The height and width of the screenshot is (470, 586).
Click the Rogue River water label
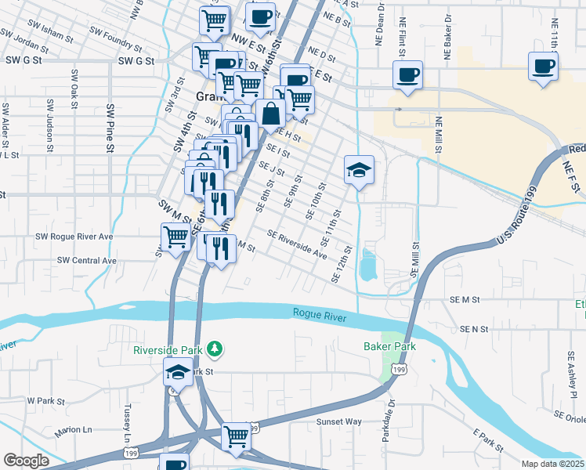pyautogui.click(x=319, y=313)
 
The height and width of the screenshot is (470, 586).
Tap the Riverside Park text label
pyautogui.click(x=168, y=349)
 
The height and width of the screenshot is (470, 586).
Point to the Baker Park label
pyautogui.click(x=389, y=346)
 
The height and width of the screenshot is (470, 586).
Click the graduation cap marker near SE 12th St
pyautogui.click(x=359, y=171)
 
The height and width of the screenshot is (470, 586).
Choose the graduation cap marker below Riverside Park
pyautogui.click(x=178, y=373)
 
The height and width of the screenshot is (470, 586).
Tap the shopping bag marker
pyautogui.click(x=270, y=114)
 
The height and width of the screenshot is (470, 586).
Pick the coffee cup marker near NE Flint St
pyautogui.click(x=407, y=76)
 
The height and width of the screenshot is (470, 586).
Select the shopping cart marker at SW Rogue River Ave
pyautogui.click(x=176, y=237)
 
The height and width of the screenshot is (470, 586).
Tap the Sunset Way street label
pyautogui.click(x=338, y=421)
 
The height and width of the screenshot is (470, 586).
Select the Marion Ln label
pyautogui.click(x=73, y=431)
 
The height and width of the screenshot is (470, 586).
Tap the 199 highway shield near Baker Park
pyautogui.click(x=400, y=368)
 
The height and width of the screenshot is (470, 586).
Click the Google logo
pyautogui.click(x=26, y=461)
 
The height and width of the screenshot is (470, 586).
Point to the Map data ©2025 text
pyautogui.click(x=552, y=464)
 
